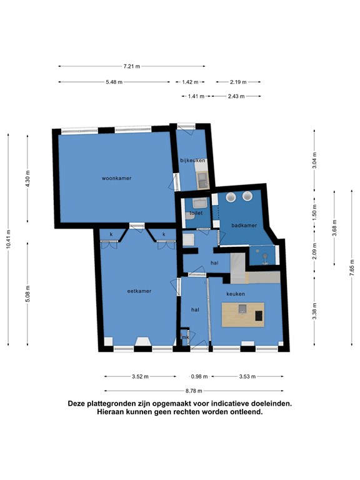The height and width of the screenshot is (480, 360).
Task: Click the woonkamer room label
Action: click(x=117, y=178)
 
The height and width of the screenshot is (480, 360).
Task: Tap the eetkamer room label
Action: click(x=139, y=291)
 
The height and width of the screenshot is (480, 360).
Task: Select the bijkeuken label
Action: click(x=192, y=161)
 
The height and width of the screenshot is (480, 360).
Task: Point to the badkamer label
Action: click(x=244, y=226)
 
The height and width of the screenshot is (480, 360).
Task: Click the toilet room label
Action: click(x=196, y=213)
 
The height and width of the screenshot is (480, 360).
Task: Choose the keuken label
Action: click(x=236, y=294)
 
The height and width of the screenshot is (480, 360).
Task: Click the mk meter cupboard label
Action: click(x=185, y=337)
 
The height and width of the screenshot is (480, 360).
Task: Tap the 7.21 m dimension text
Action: click(x=132, y=66)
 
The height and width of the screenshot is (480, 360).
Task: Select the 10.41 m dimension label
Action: click(x=9, y=239)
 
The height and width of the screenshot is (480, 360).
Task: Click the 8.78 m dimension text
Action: click(x=194, y=391)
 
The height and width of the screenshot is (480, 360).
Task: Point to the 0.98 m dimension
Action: click(x=199, y=376)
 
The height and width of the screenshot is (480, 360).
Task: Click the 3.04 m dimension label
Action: click(x=315, y=161)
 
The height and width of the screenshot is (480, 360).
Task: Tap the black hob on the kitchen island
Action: click(x=259, y=316)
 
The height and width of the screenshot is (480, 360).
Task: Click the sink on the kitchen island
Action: click(x=242, y=309)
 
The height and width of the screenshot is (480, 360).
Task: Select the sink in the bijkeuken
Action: click(x=202, y=180)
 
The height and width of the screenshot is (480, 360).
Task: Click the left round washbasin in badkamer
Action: click(x=231, y=197)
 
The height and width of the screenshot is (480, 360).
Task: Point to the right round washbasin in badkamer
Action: click(x=247, y=196)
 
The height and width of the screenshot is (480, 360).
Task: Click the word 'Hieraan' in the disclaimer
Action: click(x=109, y=412)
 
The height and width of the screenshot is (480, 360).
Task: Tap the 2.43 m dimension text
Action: click(x=236, y=96)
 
